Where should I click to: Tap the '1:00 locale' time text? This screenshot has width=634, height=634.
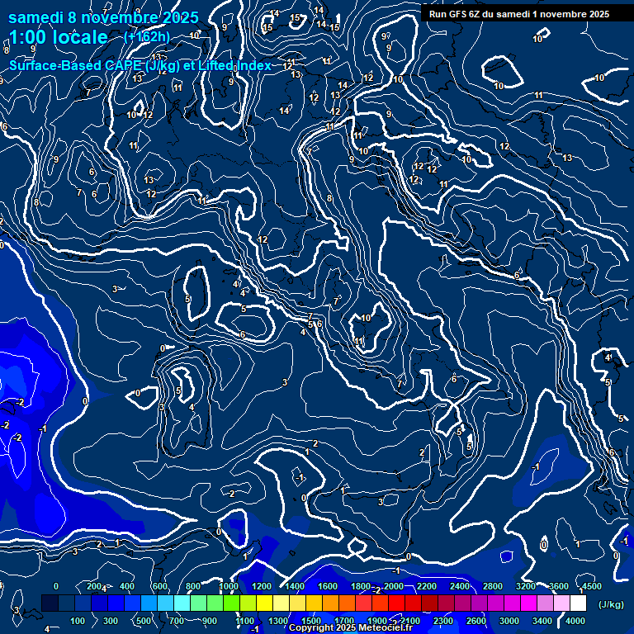click(58, 37)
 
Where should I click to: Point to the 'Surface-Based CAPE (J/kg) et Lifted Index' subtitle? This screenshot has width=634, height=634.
click(140, 65)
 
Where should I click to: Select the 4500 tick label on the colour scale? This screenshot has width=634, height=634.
click(591, 586)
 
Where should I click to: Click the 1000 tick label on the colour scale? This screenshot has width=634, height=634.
click(229, 586)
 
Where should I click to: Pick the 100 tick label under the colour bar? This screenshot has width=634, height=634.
click(78, 621)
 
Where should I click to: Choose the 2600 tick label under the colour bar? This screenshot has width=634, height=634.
click(475, 621)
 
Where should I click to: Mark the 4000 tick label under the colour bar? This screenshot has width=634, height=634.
click(575, 621)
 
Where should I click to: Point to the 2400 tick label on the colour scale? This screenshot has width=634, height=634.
click(460, 586)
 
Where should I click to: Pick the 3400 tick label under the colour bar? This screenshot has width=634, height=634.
click(542, 621)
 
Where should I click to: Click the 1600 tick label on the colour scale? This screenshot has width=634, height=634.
click(328, 586)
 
